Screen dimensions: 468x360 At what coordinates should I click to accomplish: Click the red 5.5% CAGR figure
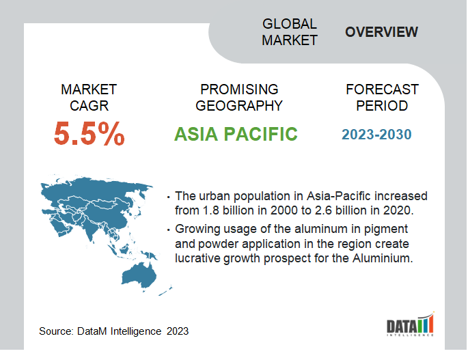pos(89,133)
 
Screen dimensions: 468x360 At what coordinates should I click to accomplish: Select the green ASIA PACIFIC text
pos(236,134)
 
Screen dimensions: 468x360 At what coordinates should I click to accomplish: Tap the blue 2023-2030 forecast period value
pos(376,135)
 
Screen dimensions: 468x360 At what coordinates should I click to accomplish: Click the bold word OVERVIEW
pos(381,32)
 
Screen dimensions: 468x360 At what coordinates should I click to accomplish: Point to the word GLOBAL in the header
pos(289,24)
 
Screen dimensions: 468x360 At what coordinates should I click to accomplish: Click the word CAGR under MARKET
pos(89,106)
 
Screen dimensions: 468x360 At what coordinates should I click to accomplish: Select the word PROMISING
pos(239,89)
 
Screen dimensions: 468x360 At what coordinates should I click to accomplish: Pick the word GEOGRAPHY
pos(238,106)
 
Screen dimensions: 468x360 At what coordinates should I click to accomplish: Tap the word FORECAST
pos(382,89)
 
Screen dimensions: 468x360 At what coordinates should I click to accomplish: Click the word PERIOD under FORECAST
pos(382,106)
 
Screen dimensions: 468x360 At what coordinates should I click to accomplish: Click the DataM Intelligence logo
pos(411,324)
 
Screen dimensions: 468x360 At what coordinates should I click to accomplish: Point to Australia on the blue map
pos(139,275)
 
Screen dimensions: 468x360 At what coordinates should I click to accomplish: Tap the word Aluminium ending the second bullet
pos(383,258)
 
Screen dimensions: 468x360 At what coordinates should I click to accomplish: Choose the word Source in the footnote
pos(56,331)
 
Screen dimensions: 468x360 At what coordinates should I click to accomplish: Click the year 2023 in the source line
pos(178,331)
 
